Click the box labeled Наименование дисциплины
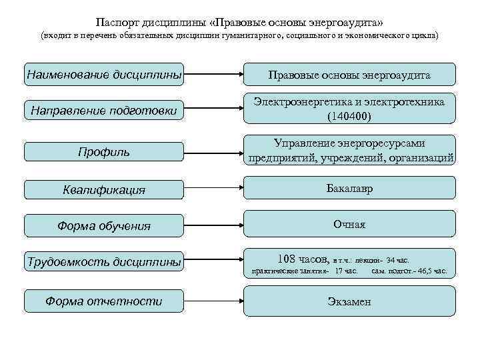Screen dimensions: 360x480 (103, 74)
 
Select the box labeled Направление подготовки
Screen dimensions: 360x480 (103, 111)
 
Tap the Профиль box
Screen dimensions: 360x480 (103, 152)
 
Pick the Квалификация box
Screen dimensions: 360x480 (103, 189)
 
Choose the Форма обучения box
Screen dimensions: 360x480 (103, 226)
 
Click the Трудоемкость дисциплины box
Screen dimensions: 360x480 (103, 262)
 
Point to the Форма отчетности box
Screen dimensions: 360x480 (103, 301)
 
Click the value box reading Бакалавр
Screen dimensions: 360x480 (349, 189)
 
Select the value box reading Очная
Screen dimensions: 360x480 (349, 225)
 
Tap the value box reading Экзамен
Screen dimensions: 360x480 (349, 301)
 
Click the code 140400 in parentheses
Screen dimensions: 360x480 (349, 116)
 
